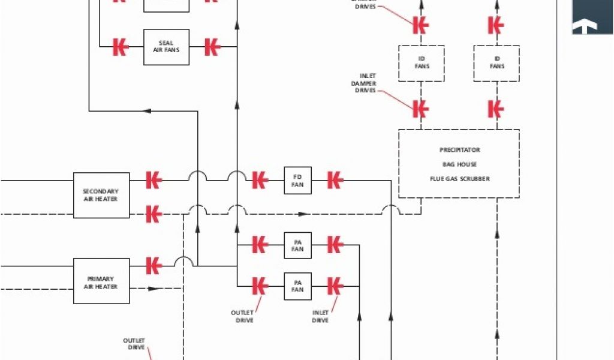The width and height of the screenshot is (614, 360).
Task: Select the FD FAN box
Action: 297,180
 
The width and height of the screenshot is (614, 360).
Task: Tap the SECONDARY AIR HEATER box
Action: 101,195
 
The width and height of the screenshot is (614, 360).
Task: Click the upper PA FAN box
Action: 297,245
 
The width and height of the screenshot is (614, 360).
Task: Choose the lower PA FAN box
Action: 297,286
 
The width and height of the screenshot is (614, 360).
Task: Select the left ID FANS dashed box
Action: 422,63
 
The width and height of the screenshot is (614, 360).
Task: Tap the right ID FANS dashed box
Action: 496,63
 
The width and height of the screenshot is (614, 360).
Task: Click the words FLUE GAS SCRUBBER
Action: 459,179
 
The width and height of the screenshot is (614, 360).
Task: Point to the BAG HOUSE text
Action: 459,164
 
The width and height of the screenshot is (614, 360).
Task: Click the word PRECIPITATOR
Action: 459,150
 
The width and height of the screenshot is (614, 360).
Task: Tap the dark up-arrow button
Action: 592,18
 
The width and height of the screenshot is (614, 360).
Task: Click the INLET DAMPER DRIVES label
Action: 364,83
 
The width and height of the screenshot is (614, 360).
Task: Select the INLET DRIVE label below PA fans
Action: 320,316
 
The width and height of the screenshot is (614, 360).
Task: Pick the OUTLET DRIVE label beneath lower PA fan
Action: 242,316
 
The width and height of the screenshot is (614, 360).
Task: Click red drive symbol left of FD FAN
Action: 259,180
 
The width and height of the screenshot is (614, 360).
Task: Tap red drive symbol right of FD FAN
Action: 335,180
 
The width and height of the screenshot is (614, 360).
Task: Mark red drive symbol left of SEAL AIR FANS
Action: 121,47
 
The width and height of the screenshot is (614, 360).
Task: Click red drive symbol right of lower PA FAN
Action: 335,286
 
